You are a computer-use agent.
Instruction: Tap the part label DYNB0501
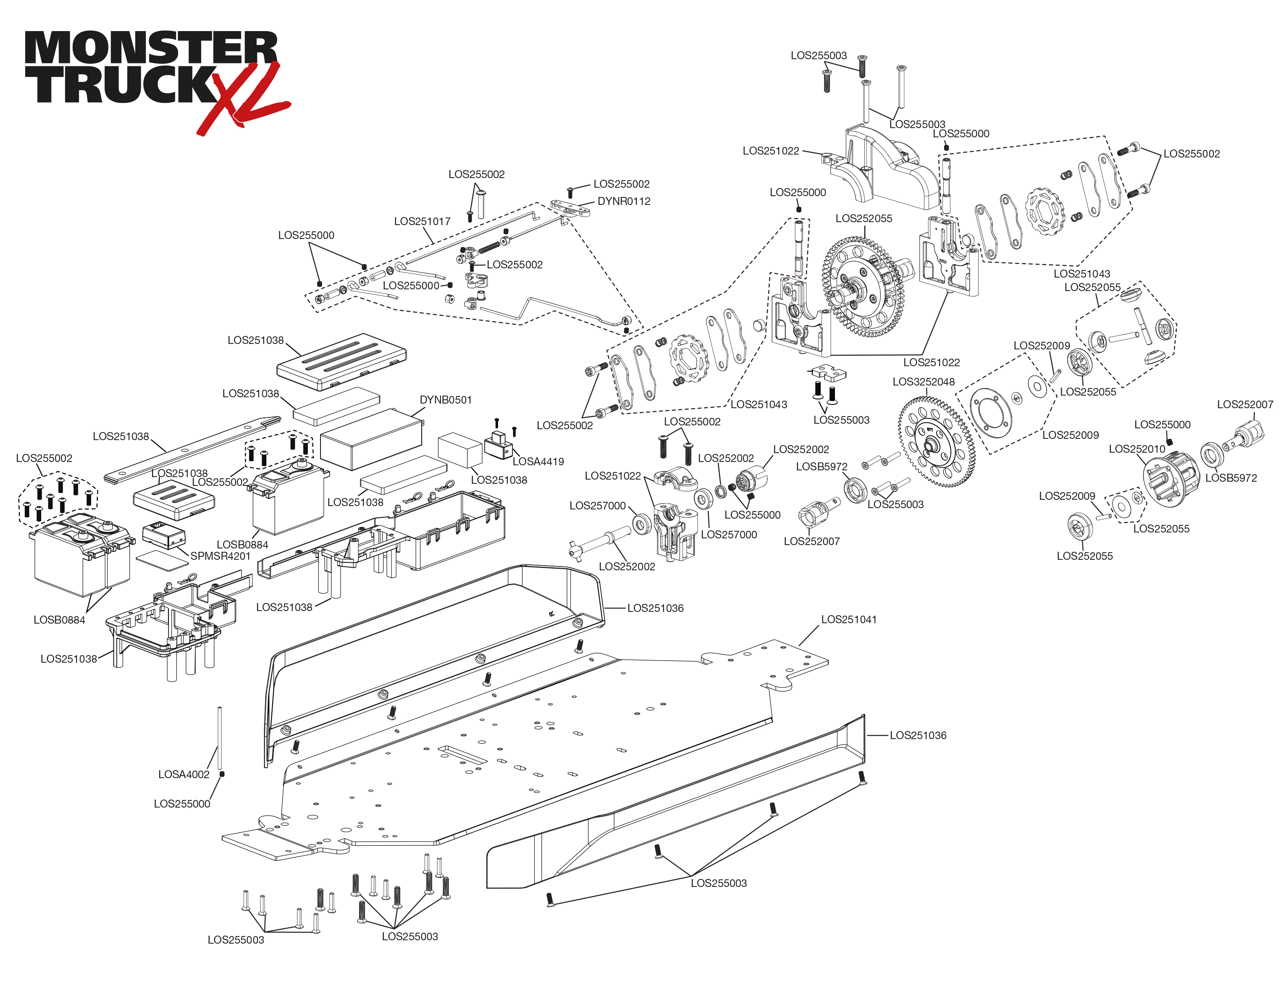pos(445,400)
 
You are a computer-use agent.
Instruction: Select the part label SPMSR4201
pos(220,556)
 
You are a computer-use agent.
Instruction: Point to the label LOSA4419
pos(538,462)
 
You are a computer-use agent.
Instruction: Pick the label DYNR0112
pos(624,201)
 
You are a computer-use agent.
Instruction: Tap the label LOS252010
pos(1137,448)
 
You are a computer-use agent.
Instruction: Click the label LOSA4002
pos(184,774)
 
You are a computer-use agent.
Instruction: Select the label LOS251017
pos(422,221)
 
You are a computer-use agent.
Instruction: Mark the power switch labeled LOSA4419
pos(498,446)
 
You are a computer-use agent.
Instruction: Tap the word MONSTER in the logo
pos(150,48)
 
